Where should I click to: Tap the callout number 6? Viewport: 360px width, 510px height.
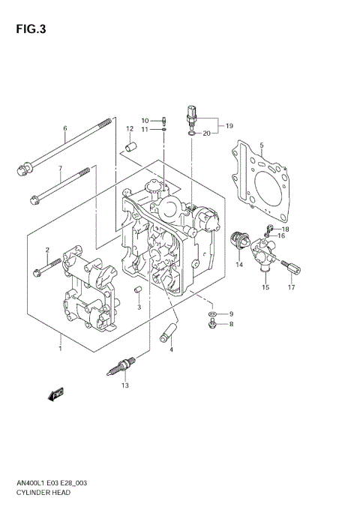pyautogui.click(x=65, y=128)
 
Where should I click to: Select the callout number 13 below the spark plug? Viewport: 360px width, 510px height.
pyautogui.click(x=125, y=385)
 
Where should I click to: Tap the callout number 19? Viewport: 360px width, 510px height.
pyautogui.click(x=229, y=125)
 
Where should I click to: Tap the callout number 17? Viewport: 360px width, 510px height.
pyautogui.click(x=292, y=287)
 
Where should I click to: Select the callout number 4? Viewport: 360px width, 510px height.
pyautogui.click(x=171, y=349)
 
